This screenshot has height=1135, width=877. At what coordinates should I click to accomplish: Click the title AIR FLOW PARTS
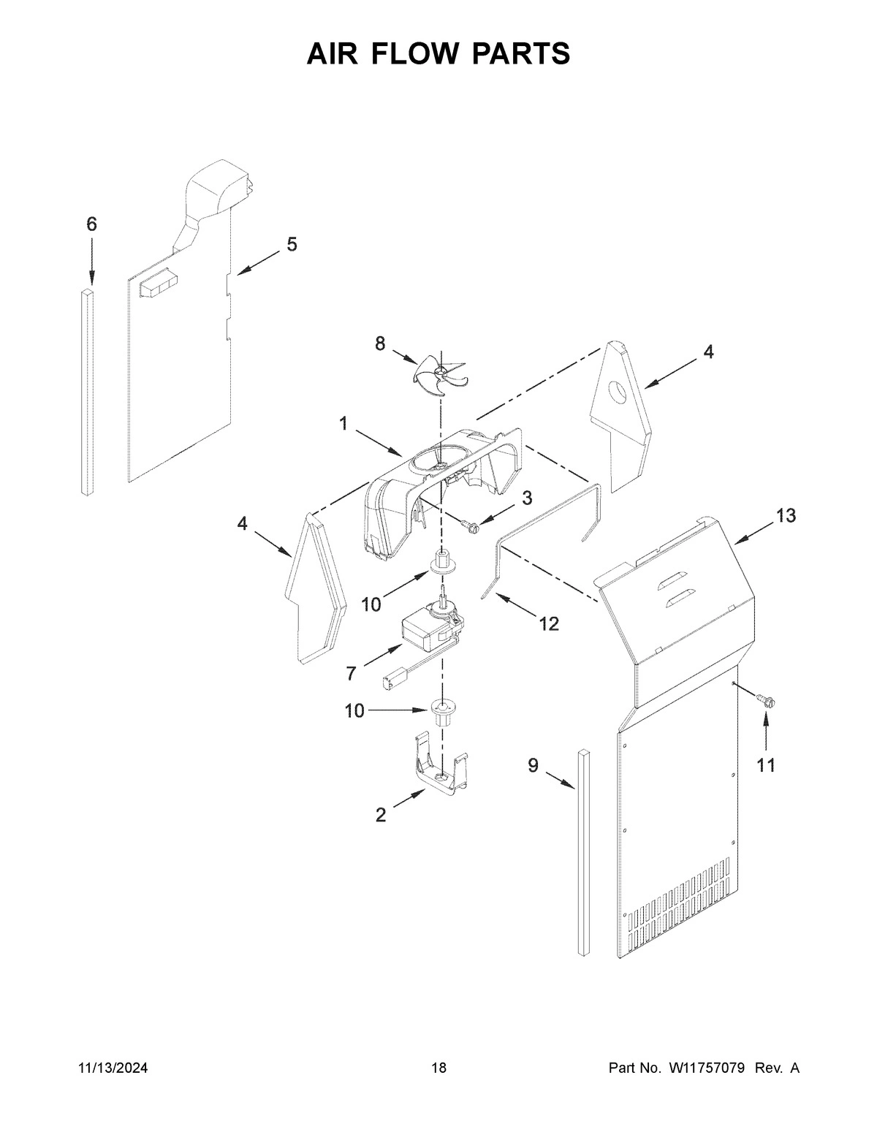[438, 53]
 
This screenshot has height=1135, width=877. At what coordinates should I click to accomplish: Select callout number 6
[91, 224]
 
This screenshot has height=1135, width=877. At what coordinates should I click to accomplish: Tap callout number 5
[292, 244]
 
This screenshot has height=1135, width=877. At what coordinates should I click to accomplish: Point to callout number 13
[786, 516]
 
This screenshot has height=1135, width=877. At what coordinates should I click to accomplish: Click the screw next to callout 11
[767, 700]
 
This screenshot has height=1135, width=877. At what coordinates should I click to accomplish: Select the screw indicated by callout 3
[470, 523]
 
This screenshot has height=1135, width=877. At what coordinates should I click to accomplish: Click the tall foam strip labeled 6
[88, 391]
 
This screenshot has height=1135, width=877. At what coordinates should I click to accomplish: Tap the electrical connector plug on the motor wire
[390, 683]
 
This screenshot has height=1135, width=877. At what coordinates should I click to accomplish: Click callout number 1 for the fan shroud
[343, 423]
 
